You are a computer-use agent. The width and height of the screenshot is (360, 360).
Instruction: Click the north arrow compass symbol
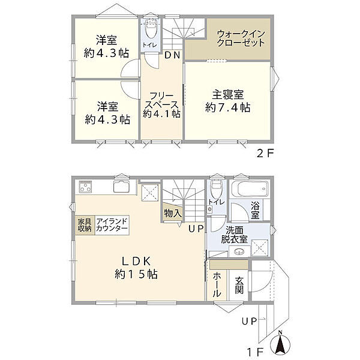pos(280,344)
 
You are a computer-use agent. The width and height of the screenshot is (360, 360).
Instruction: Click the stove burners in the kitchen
pos(85,187)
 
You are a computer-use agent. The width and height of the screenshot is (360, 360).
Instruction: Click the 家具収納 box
pos(84,225)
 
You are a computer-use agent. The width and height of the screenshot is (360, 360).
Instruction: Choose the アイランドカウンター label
pos(111,225)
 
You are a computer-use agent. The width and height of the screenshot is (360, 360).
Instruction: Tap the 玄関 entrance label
pos(239,284)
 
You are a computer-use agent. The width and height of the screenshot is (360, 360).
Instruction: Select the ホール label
pos(216,284)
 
